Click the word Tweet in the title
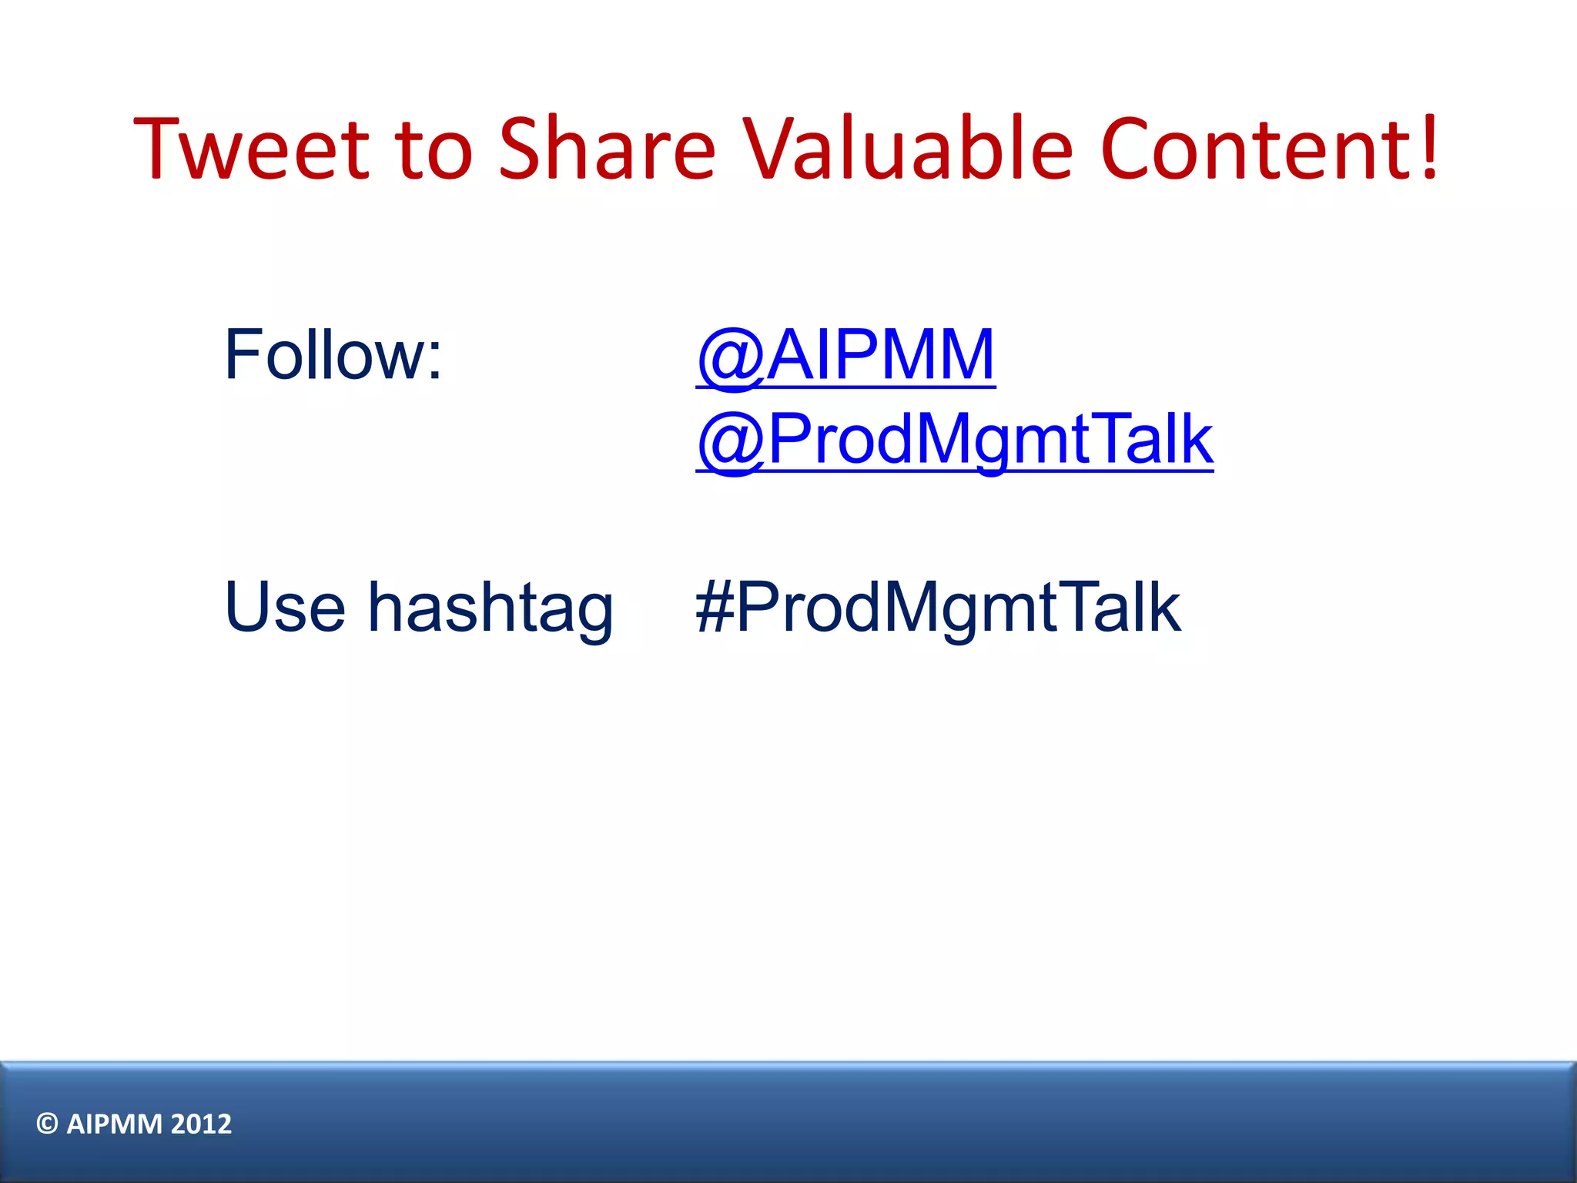click(x=250, y=148)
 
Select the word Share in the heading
click(x=607, y=148)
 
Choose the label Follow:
click(x=333, y=355)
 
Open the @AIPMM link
click(x=845, y=355)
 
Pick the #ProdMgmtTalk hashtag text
click(x=937, y=608)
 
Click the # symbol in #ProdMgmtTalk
click(x=714, y=607)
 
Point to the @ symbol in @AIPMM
click(x=729, y=357)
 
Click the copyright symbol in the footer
click(x=47, y=1124)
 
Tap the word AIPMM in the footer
click(x=114, y=1124)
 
